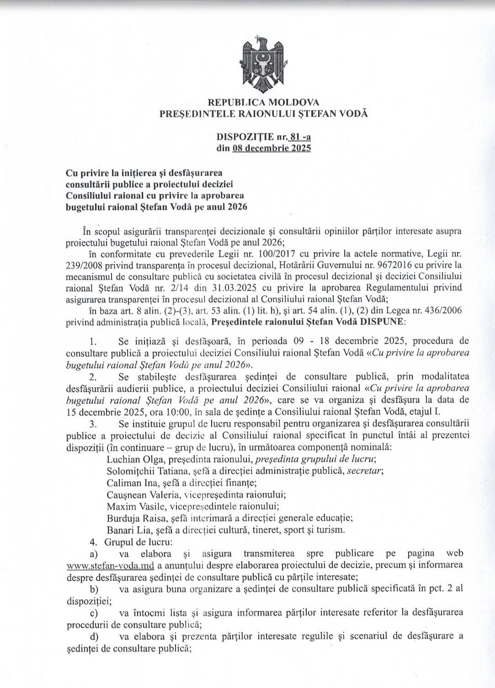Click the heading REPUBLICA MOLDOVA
click(x=263, y=102)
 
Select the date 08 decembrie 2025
click(x=271, y=148)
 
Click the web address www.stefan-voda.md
click(x=110, y=565)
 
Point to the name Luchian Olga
click(x=129, y=459)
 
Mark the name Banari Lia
click(x=123, y=530)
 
